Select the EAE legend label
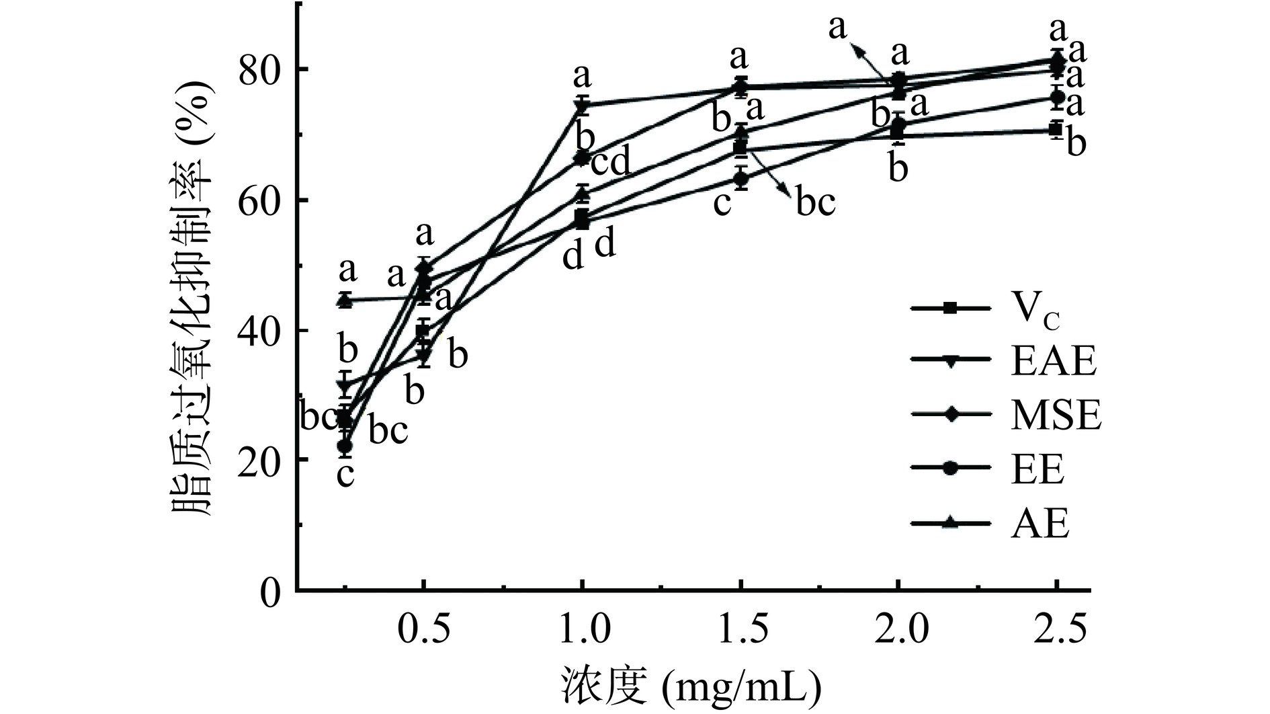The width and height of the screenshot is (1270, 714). (1053, 361)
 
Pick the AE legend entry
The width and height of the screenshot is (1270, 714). (1040, 524)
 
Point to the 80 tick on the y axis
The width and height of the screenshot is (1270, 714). (259, 70)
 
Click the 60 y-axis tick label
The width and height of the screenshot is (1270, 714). (259, 200)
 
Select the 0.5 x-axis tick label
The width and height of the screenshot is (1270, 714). (423, 630)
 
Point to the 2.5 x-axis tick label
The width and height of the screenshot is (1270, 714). (1057, 630)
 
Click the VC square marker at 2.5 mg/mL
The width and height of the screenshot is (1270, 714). (1056, 129)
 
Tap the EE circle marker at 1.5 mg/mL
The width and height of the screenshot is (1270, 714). (740, 179)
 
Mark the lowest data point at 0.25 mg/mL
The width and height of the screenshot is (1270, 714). (345, 446)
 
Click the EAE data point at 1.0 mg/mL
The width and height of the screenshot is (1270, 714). (582, 105)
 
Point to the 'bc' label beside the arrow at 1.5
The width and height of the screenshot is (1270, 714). (815, 201)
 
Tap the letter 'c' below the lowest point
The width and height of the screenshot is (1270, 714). (345, 475)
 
